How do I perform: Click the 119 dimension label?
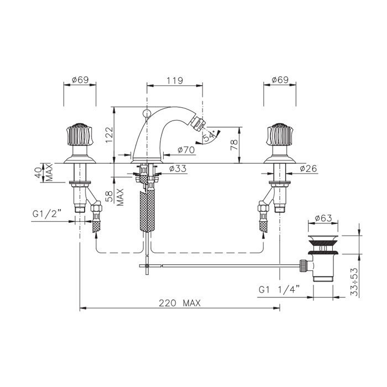coord(175,81)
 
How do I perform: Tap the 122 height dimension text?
coord(109,135)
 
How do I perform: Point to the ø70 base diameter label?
coord(186,150)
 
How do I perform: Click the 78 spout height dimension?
coord(234,145)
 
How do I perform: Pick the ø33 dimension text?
coord(177,169)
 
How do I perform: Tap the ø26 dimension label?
coord(308,169)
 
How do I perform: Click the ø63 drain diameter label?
coord(323,218)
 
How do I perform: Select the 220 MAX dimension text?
coord(180,303)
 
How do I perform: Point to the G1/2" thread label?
coord(47,213)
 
